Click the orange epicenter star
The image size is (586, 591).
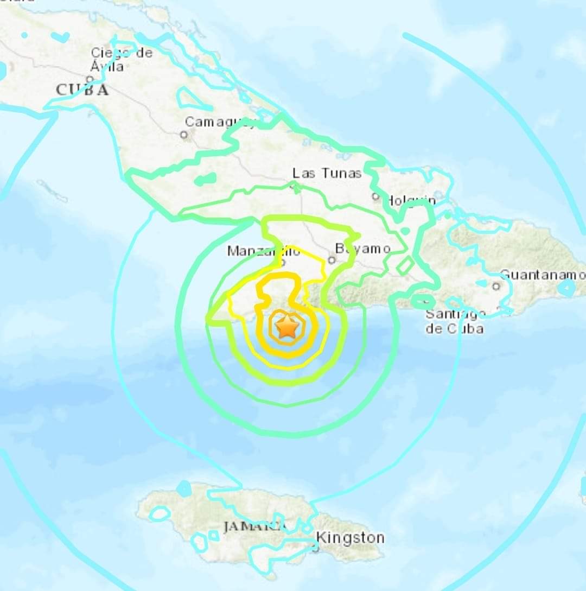click(x=286, y=328)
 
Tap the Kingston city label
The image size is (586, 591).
click(x=350, y=538)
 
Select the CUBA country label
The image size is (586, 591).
click(x=82, y=90)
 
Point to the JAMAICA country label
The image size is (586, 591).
click(x=254, y=526)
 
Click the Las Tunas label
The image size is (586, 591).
click(x=327, y=173)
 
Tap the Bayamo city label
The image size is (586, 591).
click(x=362, y=249)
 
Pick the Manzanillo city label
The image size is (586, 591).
click(x=263, y=251)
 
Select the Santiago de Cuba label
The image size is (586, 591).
click(x=455, y=321)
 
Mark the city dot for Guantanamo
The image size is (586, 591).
click(x=496, y=286)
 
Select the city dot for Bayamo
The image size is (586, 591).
click(x=332, y=259)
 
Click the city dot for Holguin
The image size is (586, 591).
click(x=375, y=196)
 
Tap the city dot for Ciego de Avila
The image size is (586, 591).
click(x=90, y=79)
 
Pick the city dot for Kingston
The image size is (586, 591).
click(x=315, y=548)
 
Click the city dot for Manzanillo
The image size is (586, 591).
click(x=282, y=263)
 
